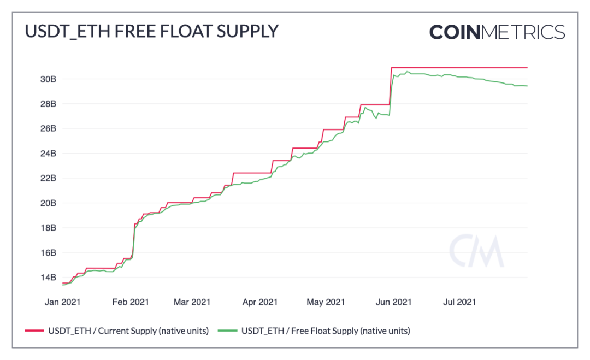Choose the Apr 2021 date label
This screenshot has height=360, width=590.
(x=260, y=302)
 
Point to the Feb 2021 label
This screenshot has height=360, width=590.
(x=131, y=302)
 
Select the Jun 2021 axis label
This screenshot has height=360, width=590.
(x=393, y=302)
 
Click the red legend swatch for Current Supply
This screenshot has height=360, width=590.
(x=34, y=331)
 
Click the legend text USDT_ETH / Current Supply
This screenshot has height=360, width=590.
(x=128, y=331)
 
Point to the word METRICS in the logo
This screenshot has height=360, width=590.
(x=523, y=32)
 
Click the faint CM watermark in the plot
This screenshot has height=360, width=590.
(x=476, y=251)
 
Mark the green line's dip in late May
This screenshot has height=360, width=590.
(x=376, y=118)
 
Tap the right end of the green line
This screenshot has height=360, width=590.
(x=527, y=86)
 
